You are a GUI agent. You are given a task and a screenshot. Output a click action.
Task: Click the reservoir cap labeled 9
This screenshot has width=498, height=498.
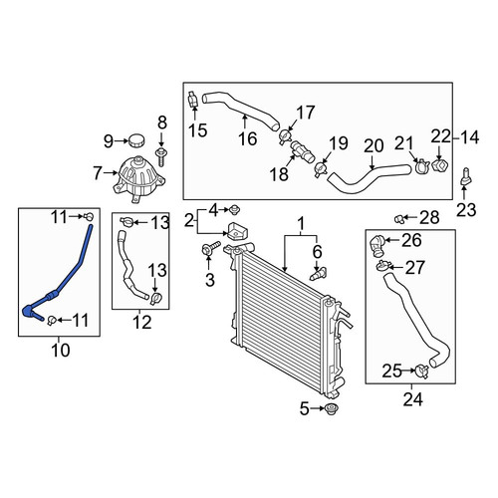coord(136,140)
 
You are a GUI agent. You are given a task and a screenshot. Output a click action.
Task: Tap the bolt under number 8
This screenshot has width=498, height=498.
coord(161,156)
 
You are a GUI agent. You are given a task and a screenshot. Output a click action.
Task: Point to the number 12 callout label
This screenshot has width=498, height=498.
coord(142,323)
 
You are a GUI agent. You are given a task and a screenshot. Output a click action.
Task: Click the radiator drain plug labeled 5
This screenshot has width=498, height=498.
coord(331,408)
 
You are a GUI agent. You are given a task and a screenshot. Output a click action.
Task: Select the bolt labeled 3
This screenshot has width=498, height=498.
coord(210,249)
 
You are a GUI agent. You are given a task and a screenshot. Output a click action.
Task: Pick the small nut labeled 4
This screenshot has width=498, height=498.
coord(235,210)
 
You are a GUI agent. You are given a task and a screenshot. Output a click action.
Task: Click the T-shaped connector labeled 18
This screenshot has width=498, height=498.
coord(302,151)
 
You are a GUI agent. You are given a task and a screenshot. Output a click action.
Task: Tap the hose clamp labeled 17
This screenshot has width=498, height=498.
coord(285,136)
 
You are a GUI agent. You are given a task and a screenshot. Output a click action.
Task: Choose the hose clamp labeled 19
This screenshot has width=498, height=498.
coord(321,167)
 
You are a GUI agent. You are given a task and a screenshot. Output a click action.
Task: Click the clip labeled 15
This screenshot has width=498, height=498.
coord(193,100)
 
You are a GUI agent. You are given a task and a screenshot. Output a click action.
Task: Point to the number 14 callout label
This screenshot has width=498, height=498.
coord(469,137)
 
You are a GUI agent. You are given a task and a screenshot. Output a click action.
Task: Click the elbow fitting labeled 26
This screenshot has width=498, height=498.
coord(377,247)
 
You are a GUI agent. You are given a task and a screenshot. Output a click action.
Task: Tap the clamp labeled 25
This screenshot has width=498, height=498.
coord(421,372)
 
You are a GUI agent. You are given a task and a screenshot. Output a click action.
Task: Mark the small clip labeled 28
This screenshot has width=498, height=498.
coord(399,219)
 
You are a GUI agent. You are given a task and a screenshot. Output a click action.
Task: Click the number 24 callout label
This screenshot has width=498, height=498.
coord(413,399)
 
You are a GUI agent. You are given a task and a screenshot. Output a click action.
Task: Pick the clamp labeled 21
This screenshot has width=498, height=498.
coord(422,166)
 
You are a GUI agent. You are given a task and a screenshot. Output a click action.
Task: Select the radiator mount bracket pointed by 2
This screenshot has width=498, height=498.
coord(239,230)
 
